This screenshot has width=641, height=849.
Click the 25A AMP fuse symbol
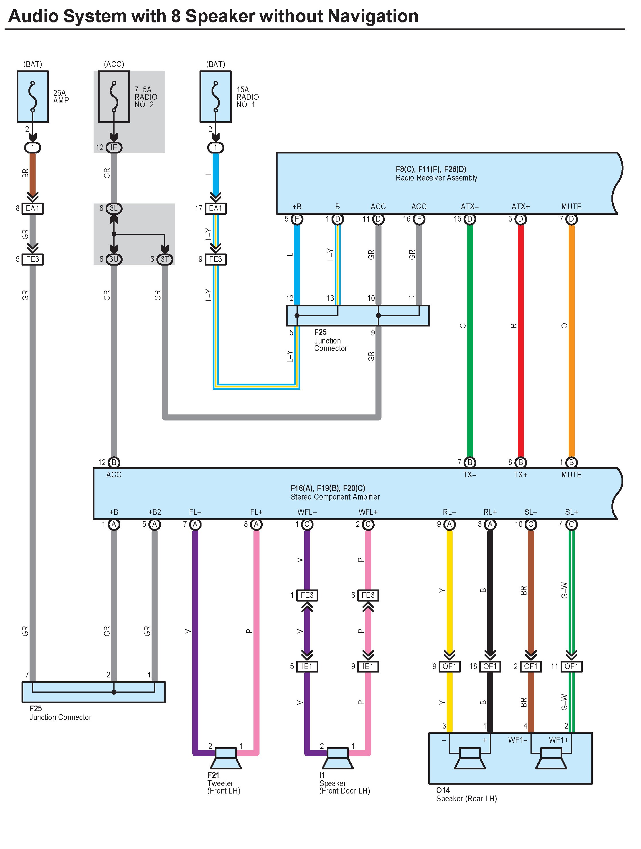pos(33,97)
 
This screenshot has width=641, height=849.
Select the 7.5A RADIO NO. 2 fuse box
pos(114,97)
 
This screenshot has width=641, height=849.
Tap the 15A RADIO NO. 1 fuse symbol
pos(216,97)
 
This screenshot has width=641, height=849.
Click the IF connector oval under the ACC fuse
pos(114,147)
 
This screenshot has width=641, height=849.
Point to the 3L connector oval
pos(114,208)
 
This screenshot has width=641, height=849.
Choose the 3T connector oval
pos(165,259)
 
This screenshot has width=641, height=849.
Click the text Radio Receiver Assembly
pos(436,178)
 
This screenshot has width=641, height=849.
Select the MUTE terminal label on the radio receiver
pos(571,206)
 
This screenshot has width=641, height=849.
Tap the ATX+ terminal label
pos(521,206)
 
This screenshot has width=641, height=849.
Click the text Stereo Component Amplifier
pos(335,497)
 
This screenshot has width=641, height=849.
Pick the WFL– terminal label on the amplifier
pos(307,512)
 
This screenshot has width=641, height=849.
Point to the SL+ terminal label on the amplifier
pos(571,512)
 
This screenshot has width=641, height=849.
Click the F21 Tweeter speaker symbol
pos(226,758)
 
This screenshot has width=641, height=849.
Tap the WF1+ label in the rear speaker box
pos(559,739)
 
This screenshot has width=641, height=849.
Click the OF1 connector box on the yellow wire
pos(449,666)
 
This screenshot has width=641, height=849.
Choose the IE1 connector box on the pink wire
pos(368,666)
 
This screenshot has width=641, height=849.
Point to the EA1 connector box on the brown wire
pos(33,208)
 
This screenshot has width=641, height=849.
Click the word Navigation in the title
pos(373,16)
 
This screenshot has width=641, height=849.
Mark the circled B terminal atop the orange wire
pos(571,462)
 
